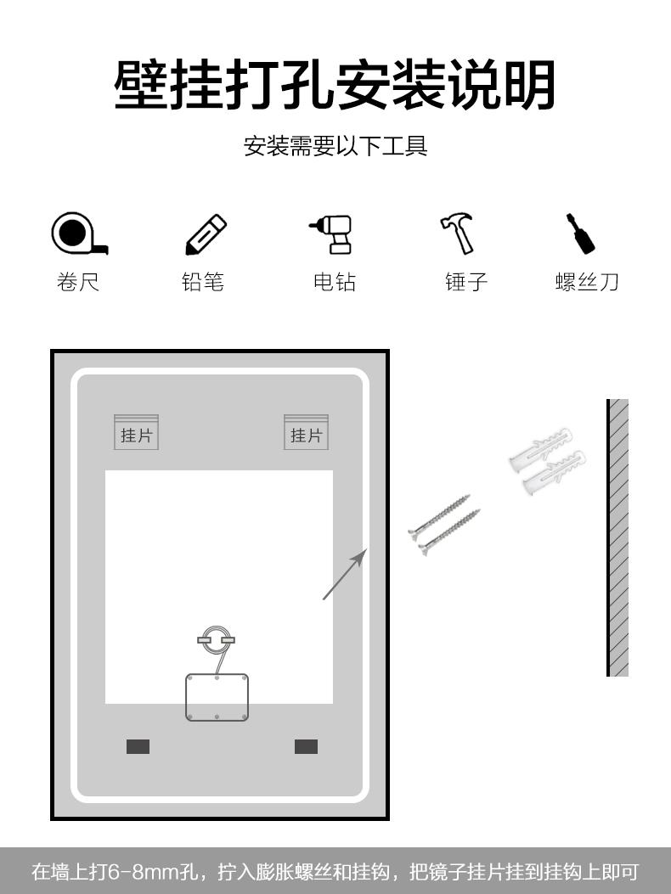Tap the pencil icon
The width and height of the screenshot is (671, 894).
tap(206, 234)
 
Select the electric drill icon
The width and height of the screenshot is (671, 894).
tap(333, 233)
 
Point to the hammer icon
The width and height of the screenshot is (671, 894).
tap(458, 233)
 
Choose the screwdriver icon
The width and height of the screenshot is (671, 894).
tap(580, 233)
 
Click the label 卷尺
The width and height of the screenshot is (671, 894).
tap(78, 282)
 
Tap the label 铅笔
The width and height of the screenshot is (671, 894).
tap(203, 282)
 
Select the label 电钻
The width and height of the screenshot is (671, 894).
tap(335, 282)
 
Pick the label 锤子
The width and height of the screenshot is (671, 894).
tap(466, 282)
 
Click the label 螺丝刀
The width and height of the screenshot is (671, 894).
tap(587, 282)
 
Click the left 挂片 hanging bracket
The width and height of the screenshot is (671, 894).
tap(137, 432)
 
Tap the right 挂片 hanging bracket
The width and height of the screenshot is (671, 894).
tap(307, 432)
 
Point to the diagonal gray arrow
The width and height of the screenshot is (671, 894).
tap(345, 574)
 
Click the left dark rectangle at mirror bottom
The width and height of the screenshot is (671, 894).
tap(138, 746)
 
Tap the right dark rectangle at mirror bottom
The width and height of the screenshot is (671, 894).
tap(307, 746)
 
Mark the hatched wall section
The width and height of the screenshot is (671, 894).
tap(618, 537)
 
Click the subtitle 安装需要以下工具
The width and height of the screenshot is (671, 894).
tap(335, 146)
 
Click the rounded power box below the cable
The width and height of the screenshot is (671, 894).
tap(217, 697)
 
